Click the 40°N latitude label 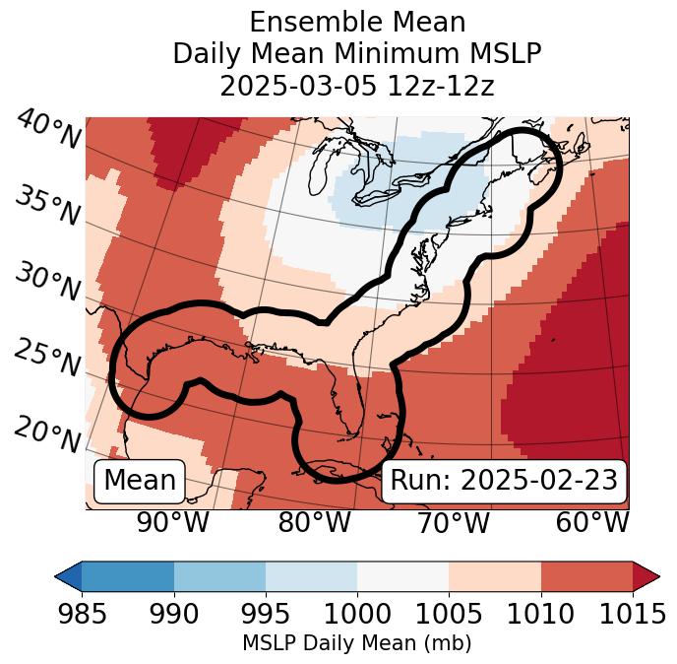click(x=47, y=131)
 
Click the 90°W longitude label click(x=173, y=523)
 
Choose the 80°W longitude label click(x=314, y=523)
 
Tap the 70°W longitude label click(x=453, y=523)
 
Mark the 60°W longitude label click(x=592, y=523)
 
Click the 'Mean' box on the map click(x=140, y=481)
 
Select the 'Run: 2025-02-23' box click(x=504, y=481)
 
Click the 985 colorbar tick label click(x=82, y=614)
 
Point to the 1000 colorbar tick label click(x=357, y=614)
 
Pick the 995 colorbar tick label click(x=266, y=614)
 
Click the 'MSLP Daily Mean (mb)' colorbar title click(x=356, y=643)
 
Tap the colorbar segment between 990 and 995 click(x=219, y=575)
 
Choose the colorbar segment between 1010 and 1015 click(x=586, y=575)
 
